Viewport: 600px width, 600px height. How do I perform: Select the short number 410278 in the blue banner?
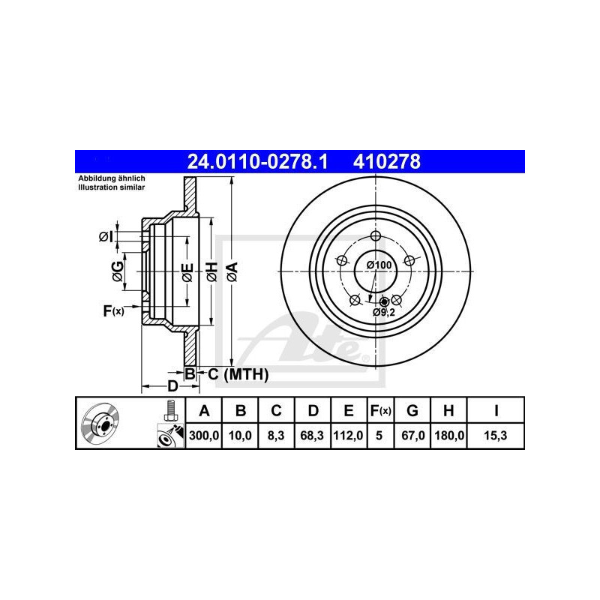tap(383, 160)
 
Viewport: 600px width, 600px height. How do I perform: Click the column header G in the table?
tap(412, 410)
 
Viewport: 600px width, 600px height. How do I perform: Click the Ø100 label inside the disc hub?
tap(378, 265)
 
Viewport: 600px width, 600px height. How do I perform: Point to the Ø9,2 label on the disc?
tap(384, 312)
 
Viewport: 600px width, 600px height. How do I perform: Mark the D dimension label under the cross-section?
tap(172, 386)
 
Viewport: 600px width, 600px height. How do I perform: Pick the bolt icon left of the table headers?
tap(169, 410)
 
